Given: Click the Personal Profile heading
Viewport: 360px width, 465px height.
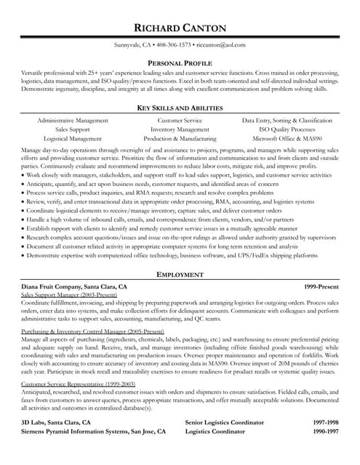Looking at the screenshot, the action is click(x=180, y=64).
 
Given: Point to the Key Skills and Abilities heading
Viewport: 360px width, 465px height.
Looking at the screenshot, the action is click(x=180, y=108).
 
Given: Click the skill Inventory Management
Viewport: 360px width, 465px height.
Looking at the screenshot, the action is click(x=180, y=129).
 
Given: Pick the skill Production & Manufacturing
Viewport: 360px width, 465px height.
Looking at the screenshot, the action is click(x=180, y=137).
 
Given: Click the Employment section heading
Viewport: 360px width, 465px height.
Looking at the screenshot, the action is click(x=180, y=275).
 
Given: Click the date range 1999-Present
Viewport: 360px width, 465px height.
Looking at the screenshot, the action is click(x=321, y=287).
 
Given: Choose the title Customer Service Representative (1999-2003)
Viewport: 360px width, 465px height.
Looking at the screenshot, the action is click(x=79, y=383).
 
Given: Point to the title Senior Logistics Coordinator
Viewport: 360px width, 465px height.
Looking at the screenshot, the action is click(x=225, y=422).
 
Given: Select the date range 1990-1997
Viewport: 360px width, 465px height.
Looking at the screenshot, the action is click(x=326, y=431).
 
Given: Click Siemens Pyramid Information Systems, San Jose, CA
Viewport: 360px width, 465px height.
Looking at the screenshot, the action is click(x=94, y=431).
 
